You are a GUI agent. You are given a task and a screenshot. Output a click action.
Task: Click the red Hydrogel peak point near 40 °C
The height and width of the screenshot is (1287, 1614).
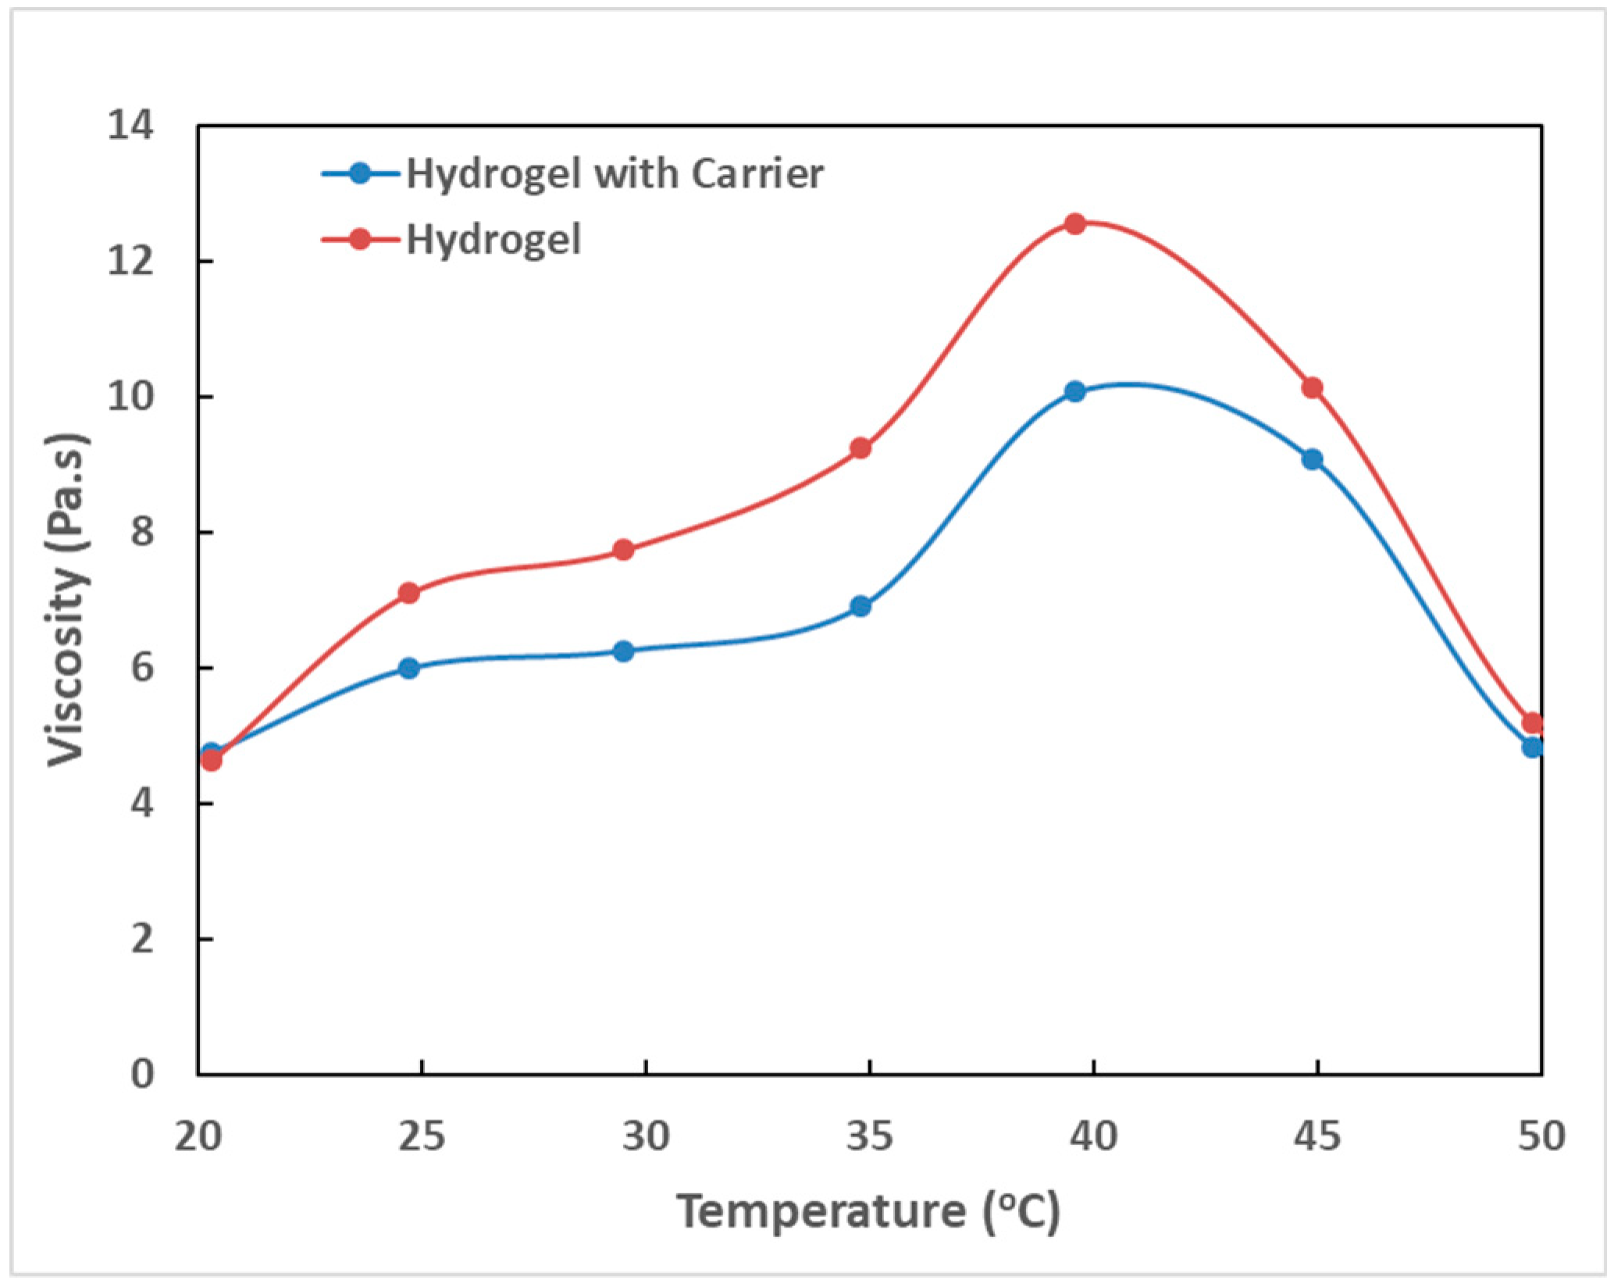point(1075,224)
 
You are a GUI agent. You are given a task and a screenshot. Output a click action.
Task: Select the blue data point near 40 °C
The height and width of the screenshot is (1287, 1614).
point(1075,391)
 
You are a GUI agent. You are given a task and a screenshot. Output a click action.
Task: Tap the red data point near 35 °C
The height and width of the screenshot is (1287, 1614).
point(860,448)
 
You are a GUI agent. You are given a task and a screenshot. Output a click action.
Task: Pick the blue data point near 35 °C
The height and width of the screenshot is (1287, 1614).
point(860,606)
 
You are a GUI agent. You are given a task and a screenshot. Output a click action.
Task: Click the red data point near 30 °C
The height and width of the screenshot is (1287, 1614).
point(623,550)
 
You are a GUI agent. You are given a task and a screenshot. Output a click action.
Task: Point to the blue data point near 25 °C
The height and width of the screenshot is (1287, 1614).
point(409,668)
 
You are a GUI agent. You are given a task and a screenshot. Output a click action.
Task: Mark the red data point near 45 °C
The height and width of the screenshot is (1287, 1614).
point(1313,388)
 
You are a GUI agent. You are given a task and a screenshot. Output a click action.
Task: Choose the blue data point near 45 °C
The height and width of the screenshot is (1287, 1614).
point(1313,459)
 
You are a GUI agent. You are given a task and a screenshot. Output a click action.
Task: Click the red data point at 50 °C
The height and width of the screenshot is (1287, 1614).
point(1532,722)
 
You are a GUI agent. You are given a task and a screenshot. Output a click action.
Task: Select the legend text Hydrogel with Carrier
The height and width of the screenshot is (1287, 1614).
point(615,173)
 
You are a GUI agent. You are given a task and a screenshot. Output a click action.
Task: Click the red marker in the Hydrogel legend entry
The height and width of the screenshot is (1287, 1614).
point(360,239)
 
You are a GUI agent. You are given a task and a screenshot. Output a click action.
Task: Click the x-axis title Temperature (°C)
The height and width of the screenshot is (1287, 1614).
point(868,1212)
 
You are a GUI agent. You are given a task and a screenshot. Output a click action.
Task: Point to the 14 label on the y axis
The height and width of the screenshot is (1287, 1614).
point(130,126)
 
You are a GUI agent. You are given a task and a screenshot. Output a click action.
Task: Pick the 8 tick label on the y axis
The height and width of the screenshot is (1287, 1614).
point(142,533)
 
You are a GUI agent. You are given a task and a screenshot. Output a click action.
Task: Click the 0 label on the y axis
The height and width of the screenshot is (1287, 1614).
point(142,1075)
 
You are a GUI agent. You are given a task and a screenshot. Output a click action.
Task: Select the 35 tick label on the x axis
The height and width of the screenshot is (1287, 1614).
point(869,1137)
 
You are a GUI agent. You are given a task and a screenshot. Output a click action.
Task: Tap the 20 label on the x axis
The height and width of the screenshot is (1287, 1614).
point(198,1137)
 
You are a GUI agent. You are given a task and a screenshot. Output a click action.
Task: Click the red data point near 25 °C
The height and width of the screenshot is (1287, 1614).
point(409,594)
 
